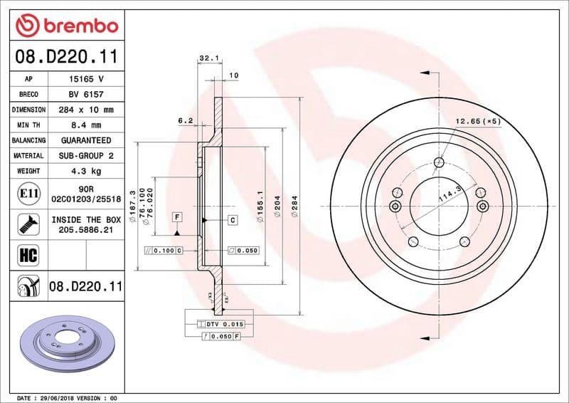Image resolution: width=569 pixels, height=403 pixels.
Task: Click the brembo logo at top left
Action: click(x=66, y=26)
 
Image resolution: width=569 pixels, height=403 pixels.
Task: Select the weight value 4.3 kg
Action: click(x=85, y=172)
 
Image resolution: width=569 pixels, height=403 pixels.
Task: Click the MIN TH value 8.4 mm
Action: click(x=85, y=125)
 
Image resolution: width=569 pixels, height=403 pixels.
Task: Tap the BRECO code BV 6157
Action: click(x=85, y=95)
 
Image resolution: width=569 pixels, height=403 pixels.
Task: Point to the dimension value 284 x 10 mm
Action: click(x=85, y=110)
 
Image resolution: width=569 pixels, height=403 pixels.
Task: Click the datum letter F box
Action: click(x=176, y=216)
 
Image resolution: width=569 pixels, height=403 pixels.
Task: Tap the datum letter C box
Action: click(x=233, y=221)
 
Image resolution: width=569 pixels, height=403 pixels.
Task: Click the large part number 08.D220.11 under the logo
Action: click(x=66, y=55)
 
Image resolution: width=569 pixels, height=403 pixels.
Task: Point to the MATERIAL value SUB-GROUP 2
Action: click(x=85, y=156)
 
